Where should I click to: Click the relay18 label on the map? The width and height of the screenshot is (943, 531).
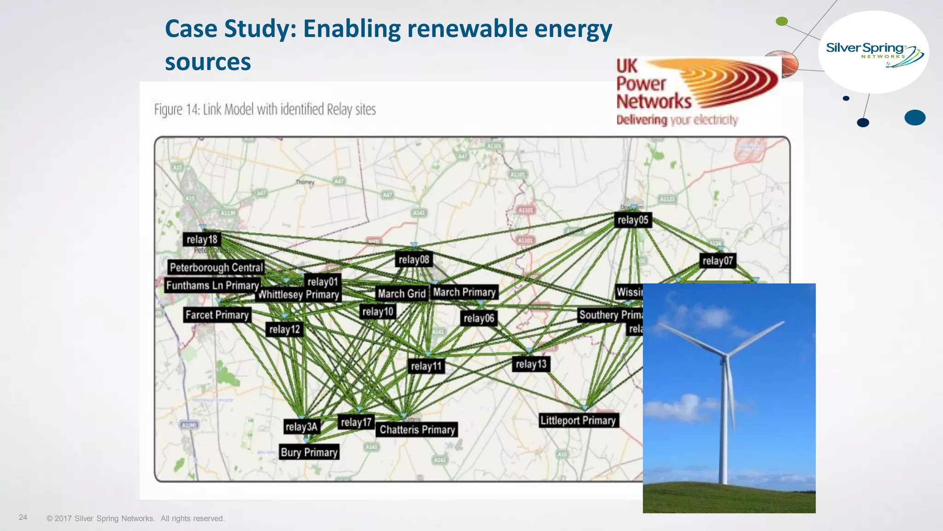point(202,240)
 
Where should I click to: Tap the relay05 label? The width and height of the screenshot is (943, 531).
point(633,220)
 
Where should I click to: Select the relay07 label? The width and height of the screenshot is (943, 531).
point(717,261)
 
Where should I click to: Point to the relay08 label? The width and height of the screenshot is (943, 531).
point(413,260)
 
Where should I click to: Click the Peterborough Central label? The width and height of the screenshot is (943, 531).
point(216,267)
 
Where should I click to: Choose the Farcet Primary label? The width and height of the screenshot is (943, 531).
point(217,315)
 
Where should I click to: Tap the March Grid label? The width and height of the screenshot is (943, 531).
point(402,294)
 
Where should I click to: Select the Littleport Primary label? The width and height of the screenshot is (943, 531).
point(578,420)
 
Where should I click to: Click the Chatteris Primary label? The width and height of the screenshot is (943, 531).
point(417,430)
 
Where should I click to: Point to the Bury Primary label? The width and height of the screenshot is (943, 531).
point(309,453)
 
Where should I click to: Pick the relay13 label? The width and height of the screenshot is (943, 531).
point(531,364)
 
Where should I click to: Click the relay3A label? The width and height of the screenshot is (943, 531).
point(302,427)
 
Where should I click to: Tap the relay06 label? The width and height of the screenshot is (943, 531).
point(479,319)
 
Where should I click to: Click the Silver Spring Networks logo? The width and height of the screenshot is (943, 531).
point(873,53)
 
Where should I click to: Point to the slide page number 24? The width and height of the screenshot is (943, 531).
point(23,518)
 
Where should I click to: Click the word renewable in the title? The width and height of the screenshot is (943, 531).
point(467,29)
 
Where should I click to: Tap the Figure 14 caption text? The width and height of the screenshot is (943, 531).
point(265,110)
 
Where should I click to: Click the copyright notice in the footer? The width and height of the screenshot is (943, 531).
point(135,519)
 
